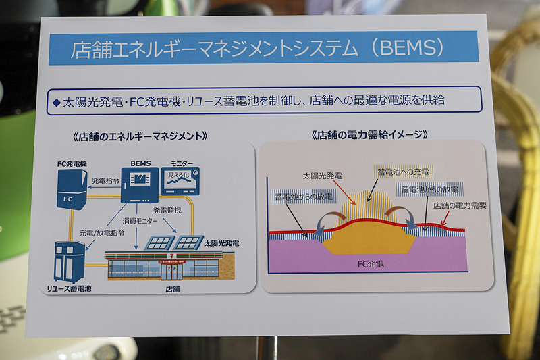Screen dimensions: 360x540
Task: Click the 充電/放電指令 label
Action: point(101,232)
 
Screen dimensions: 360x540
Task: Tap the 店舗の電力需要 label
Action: point(460,205)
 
